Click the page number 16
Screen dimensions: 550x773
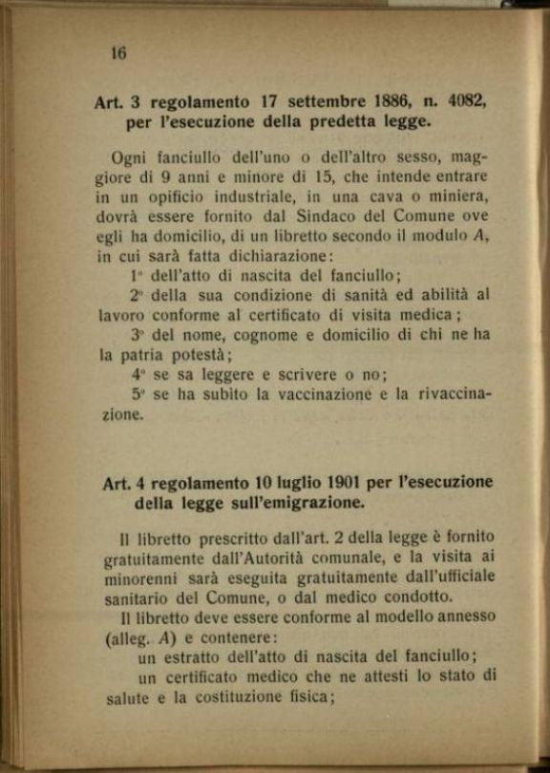tap(118, 53)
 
